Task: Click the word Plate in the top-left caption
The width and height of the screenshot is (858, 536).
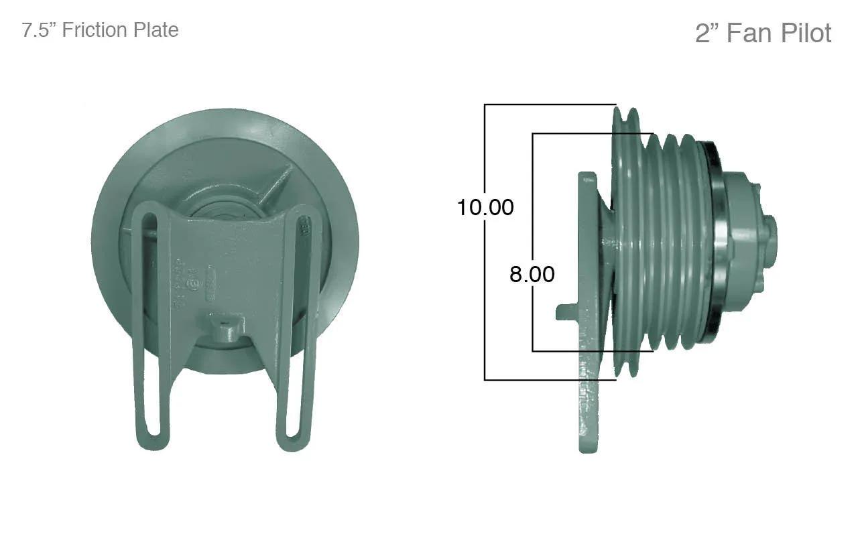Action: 156,30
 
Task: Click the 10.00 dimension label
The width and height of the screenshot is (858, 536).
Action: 485,208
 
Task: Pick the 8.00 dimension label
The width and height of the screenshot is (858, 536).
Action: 532,275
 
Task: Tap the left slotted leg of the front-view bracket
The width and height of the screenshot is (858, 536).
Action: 151,326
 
